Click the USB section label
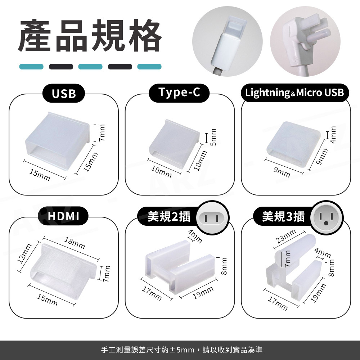tap(64, 94)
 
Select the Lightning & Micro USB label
tap(294, 93)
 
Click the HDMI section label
tap(63, 216)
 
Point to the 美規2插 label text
tap(169, 216)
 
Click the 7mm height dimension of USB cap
tap(102, 133)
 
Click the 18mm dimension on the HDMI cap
tap(75, 243)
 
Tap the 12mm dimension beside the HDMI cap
tap(24, 253)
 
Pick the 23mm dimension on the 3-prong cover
tap(286, 236)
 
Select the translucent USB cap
tap(57, 140)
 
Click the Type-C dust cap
tap(174, 143)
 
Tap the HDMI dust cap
tap(63, 271)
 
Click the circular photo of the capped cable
tap(227, 41)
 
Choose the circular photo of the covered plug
tap(305, 41)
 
